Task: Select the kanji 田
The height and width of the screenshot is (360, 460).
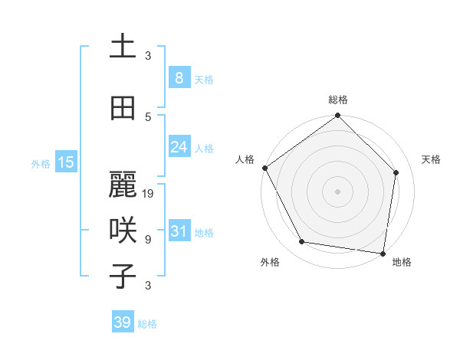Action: coord(123,108)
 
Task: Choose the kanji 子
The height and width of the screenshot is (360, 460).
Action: coord(123,276)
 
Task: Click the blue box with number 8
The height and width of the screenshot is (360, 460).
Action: coord(179,78)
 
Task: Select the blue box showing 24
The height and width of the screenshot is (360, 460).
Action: coord(179,147)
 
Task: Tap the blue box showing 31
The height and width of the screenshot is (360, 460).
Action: coord(179,232)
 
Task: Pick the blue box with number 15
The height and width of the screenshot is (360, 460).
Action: coord(66,162)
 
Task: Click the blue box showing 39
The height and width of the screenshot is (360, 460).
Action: coord(123,322)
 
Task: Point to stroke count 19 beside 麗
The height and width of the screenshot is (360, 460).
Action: coord(149,194)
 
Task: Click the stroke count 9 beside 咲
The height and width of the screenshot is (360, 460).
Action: coord(148,240)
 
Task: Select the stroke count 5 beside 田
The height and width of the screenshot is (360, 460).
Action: coord(148,116)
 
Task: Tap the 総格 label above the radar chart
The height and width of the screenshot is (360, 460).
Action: coord(338,100)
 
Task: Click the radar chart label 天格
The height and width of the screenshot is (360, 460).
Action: coord(432,159)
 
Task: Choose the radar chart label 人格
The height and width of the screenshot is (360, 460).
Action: coord(245,159)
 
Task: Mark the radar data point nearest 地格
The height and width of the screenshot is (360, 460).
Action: coord(383,253)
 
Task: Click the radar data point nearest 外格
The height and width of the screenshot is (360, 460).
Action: coord(302,242)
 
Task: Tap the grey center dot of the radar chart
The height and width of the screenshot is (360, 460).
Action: coord(338,191)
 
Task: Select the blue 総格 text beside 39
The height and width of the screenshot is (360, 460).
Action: coord(147,324)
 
